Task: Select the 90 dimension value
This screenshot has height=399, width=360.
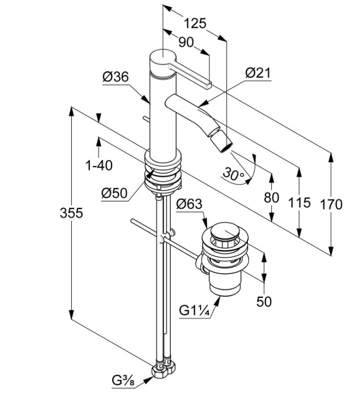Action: click(x=186, y=43)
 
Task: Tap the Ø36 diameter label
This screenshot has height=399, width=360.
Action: click(x=115, y=77)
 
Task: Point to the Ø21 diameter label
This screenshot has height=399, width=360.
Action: click(x=258, y=73)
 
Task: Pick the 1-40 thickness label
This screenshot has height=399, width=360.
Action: click(x=99, y=165)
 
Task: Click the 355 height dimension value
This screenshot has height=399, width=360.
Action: click(x=71, y=213)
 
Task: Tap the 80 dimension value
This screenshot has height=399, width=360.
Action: click(x=271, y=197)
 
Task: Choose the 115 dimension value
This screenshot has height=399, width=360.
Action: click(x=301, y=203)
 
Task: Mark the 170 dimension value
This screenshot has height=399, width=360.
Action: click(x=331, y=204)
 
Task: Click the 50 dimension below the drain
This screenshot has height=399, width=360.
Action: click(x=264, y=302)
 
